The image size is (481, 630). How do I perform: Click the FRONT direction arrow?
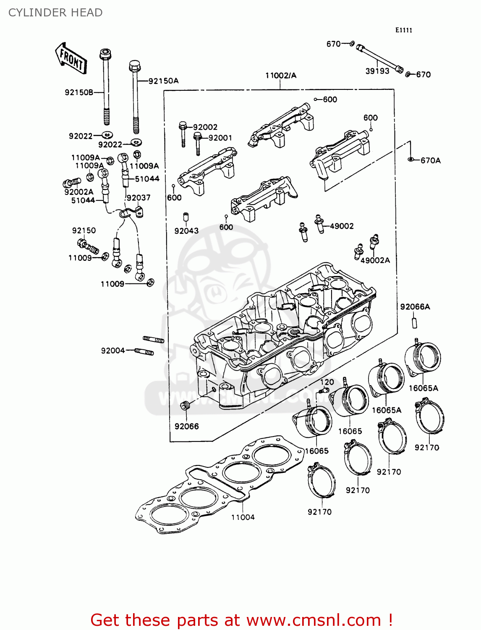coord(71,59)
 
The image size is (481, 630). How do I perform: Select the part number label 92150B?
coord(79,92)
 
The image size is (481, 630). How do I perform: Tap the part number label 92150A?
coord(163,81)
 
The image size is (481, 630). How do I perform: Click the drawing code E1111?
coord(404,30)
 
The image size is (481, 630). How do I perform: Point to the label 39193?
coord(377,71)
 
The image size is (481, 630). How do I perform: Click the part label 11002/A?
coord(281,76)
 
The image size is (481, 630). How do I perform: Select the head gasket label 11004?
coord(243,517)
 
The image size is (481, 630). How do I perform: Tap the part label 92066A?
coord(415,307)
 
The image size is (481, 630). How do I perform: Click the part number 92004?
coord(113,351)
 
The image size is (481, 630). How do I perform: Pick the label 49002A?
coord(375,260)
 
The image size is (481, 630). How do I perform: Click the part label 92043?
coord(186,231)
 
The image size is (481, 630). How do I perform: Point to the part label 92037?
coord(139,197)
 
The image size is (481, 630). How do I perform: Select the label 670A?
coord(431,160)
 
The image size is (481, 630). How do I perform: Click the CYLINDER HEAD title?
coord(55,13)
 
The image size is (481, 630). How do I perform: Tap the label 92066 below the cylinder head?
coord(187,426)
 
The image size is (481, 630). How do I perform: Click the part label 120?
coord(327,382)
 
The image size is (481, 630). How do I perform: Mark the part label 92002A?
coord(79,192)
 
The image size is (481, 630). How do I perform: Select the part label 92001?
coord(220,138)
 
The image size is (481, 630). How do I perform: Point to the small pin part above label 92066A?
coord(414,323)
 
